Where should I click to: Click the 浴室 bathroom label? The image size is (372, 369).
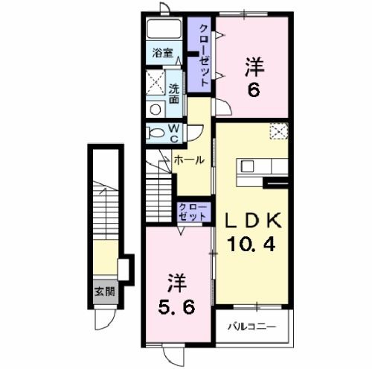[163, 53]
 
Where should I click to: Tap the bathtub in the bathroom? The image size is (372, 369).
[164, 28]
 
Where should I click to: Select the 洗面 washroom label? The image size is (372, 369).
[174, 94]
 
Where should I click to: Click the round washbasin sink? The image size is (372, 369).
[155, 110]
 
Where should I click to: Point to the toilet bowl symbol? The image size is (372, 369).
[155, 133]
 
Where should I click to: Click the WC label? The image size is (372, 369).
[174, 133]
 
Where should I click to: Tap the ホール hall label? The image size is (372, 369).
[189, 160]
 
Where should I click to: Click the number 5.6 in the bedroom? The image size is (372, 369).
[176, 308]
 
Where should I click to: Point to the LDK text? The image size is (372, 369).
[253, 220]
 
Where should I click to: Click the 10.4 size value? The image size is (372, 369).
[251, 244]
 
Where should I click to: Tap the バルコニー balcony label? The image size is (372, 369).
[252, 327]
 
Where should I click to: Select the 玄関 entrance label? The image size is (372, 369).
[105, 291]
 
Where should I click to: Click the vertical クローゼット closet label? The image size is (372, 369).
[205, 55]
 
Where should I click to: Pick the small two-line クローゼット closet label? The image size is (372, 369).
[193, 212]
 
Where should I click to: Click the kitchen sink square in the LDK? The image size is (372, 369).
[247, 166]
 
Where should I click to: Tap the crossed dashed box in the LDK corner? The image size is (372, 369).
[279, 131]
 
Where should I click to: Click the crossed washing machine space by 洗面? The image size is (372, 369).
[155, 83]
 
